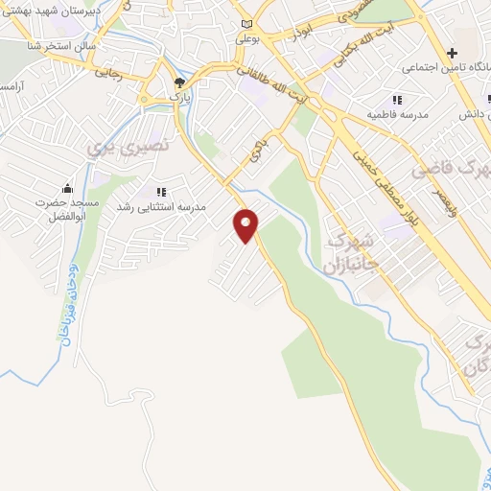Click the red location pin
point(246,224)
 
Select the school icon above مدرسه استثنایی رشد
point(160,192)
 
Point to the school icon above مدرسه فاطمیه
point(395,100)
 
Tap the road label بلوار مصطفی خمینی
point(384,173)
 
